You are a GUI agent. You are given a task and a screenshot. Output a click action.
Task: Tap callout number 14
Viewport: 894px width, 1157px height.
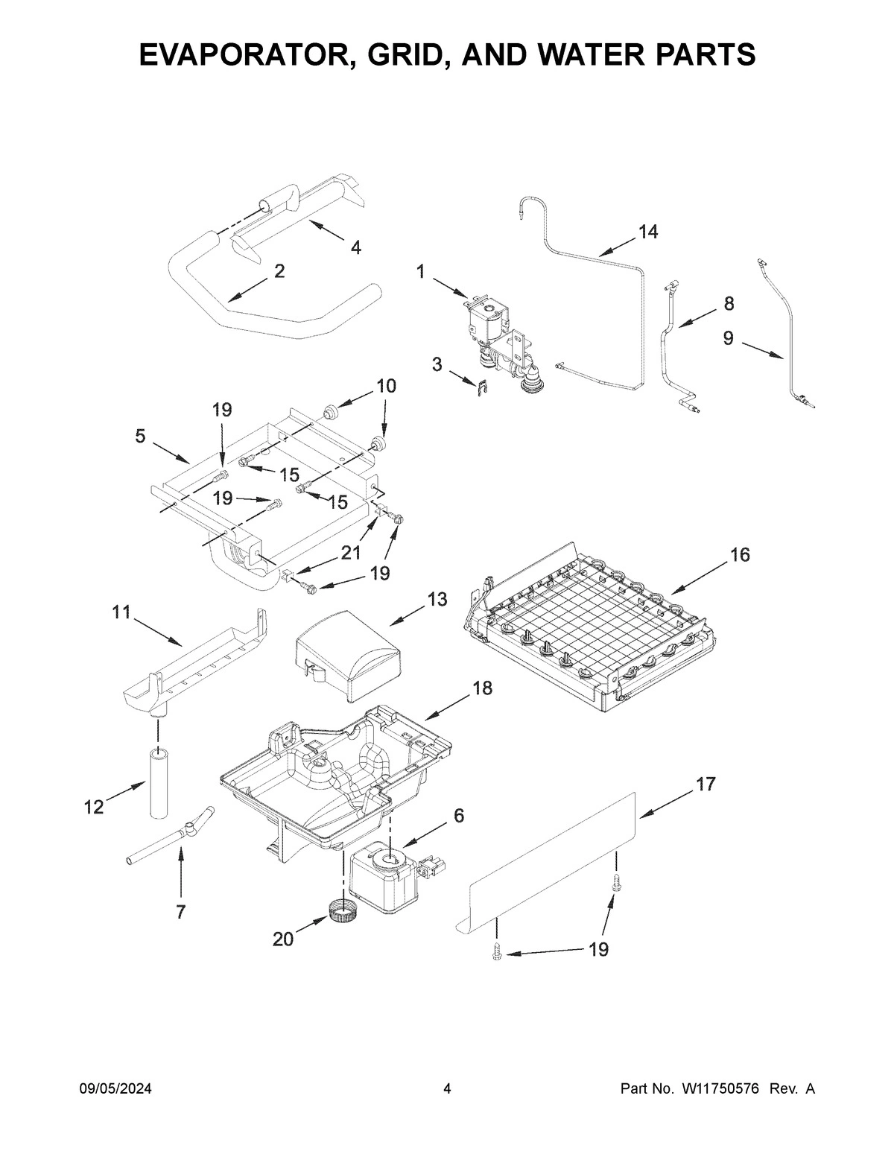(647, 232)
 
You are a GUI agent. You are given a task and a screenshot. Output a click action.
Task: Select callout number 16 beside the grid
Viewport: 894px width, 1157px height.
(740, 555)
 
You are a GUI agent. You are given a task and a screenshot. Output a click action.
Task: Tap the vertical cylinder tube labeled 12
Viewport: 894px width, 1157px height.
(157, 786)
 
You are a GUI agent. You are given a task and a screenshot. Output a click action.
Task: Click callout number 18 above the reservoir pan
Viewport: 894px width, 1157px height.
(482, 688)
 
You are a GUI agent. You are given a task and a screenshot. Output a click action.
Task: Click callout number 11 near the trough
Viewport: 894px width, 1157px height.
(121, 612)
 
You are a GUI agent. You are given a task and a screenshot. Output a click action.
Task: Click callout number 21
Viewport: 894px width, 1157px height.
(351, 553)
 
